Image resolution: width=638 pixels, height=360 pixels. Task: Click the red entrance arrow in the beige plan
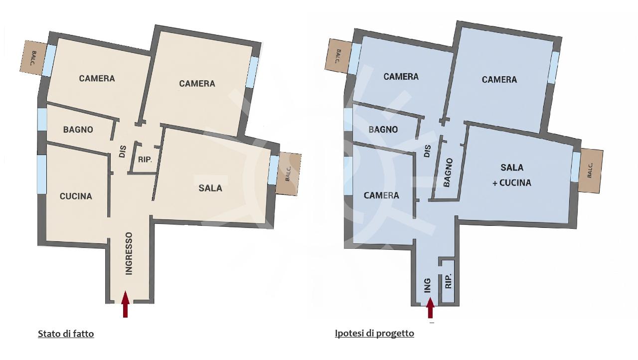tap(125, 304)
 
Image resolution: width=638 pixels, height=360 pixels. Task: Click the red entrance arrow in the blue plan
tap(430, 308)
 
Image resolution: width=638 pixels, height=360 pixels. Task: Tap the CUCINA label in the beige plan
tap(76, 196)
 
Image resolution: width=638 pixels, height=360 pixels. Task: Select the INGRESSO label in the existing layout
tap(129, 253)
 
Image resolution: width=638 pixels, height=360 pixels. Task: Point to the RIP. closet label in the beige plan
tap(145, 160)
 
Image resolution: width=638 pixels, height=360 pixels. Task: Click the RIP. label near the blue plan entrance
tap(448, 281)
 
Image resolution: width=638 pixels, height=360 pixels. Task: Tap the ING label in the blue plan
tap(428, 286)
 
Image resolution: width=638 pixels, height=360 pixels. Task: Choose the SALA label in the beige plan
tap(210, 188)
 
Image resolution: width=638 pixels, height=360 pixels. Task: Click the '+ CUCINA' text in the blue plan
tap(512, 182)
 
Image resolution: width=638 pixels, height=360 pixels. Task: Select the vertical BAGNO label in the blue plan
tap(448, 173)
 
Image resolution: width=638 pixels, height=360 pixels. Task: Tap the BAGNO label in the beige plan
tap(78, 130)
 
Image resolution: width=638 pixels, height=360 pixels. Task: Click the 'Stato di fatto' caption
tap(66, 334)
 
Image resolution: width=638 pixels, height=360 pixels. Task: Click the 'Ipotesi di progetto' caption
tap(374, 333)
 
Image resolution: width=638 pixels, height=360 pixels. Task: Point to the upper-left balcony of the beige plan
tap(33, 58)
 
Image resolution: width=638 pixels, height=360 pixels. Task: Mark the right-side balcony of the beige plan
tap(288, 174)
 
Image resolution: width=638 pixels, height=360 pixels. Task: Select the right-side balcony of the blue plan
tap(590, 171)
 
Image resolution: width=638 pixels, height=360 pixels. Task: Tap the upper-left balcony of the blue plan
tap(338, 55)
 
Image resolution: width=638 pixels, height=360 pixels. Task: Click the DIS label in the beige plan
tap(123, 152)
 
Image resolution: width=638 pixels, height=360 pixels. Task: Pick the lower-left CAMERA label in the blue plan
tap(381, 195)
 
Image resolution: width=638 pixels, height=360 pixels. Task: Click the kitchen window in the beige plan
tap(42, 175)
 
